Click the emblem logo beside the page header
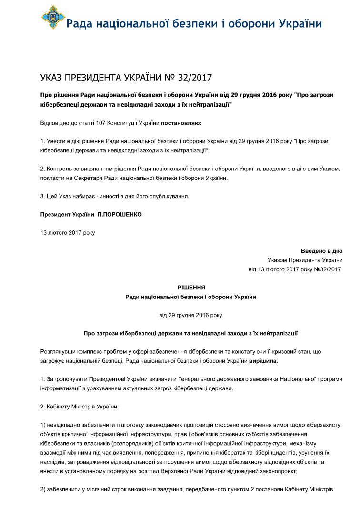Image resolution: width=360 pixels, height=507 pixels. click(52, 17)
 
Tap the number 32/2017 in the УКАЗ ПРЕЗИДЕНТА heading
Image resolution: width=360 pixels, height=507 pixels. click(194, 78)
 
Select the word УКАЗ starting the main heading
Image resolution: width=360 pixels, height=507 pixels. click(53, 78)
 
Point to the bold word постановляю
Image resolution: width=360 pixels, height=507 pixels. click(181, 123)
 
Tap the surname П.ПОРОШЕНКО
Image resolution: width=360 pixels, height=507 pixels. click(120, 214)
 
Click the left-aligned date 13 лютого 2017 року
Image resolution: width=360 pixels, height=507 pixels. click(68, 233)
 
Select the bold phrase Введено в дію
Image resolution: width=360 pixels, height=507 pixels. click(321, 251)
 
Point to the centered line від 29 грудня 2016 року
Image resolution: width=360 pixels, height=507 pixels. click(190, 315)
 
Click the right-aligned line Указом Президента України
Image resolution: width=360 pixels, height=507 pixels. click(305, 260)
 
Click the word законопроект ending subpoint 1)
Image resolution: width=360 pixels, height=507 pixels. click(273, 470)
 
